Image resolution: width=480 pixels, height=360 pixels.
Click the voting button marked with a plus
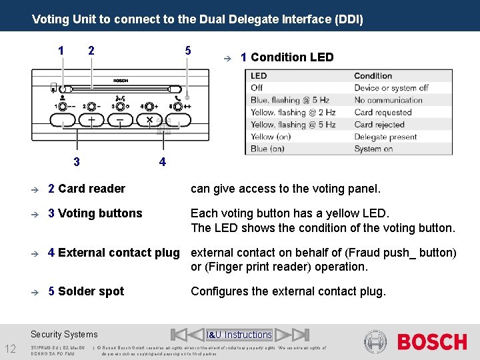tap(91, 121)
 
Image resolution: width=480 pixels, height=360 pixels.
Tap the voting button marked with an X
tap(149, 121)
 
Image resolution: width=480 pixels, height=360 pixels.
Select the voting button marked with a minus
tap(120, 121)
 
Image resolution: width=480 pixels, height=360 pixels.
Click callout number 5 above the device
tap(188, 51)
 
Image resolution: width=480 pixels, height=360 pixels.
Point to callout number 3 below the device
tap(77, 161)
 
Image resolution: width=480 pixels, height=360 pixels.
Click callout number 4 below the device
tap(162, 161)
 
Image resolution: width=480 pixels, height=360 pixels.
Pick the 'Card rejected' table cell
tap(379, 125)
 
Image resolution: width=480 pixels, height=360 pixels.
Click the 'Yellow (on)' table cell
tap(271, 137)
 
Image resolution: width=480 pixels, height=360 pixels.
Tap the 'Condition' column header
tap(373, 76)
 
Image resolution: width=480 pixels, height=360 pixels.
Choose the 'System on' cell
tap(373, 149)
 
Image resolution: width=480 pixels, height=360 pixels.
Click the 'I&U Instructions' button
tap(239, 335)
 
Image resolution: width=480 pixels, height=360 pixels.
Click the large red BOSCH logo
tap(432, 342)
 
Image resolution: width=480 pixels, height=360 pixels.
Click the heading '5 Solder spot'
tap(86, 291)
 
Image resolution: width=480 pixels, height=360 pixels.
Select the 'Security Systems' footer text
tap(64, 335)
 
